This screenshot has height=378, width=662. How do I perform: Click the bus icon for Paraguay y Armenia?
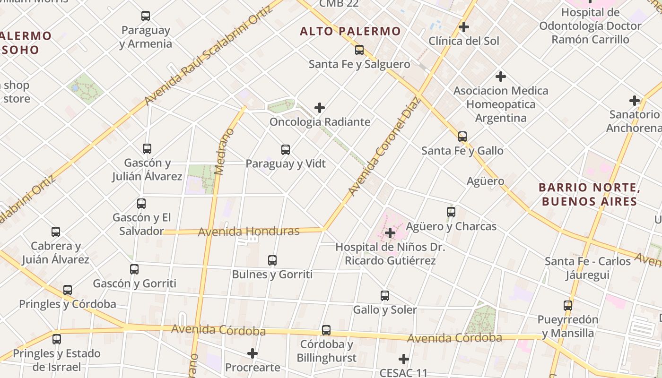[146, 16]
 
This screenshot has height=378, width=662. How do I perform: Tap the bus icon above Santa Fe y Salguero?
[359, 50]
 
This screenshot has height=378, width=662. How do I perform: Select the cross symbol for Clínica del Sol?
[464, 27]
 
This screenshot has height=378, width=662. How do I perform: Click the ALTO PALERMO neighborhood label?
[350, 32]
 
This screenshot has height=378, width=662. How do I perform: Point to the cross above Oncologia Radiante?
[320, 108]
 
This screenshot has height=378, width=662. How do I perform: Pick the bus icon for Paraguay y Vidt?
[286, 150]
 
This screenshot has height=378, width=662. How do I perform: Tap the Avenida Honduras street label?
[249, 232]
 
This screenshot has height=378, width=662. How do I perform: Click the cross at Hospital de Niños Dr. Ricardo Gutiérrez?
[390, 233]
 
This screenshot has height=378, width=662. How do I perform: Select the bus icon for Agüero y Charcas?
[451, 212]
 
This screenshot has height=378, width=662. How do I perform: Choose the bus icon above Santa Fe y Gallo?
[462, 137]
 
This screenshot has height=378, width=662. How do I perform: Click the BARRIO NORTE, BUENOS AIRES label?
[590, 195]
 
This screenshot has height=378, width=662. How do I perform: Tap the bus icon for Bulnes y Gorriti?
[272, 260]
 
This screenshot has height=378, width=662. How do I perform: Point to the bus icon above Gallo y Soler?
[385, 296]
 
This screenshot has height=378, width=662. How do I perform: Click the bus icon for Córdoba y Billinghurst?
[326, 330]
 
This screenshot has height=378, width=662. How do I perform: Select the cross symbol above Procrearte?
[253, 353]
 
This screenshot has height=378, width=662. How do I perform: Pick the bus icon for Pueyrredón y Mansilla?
[568, 306]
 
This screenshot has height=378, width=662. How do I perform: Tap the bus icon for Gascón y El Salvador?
[141, 204]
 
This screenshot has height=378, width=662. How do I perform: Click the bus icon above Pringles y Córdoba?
[68, 290]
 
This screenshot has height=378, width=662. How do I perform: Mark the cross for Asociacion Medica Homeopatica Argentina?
[501, 76]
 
